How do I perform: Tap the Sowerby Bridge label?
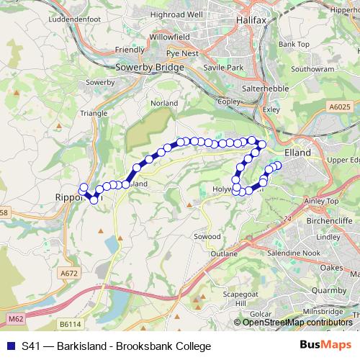coord(150,67)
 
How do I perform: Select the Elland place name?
coord(297,153)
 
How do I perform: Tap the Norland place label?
coord(164,103)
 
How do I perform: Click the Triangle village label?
coord(94,113)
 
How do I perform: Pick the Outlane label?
coord(223,254)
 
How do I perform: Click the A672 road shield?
coord(69,273)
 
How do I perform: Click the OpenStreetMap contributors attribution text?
coord(297,323)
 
